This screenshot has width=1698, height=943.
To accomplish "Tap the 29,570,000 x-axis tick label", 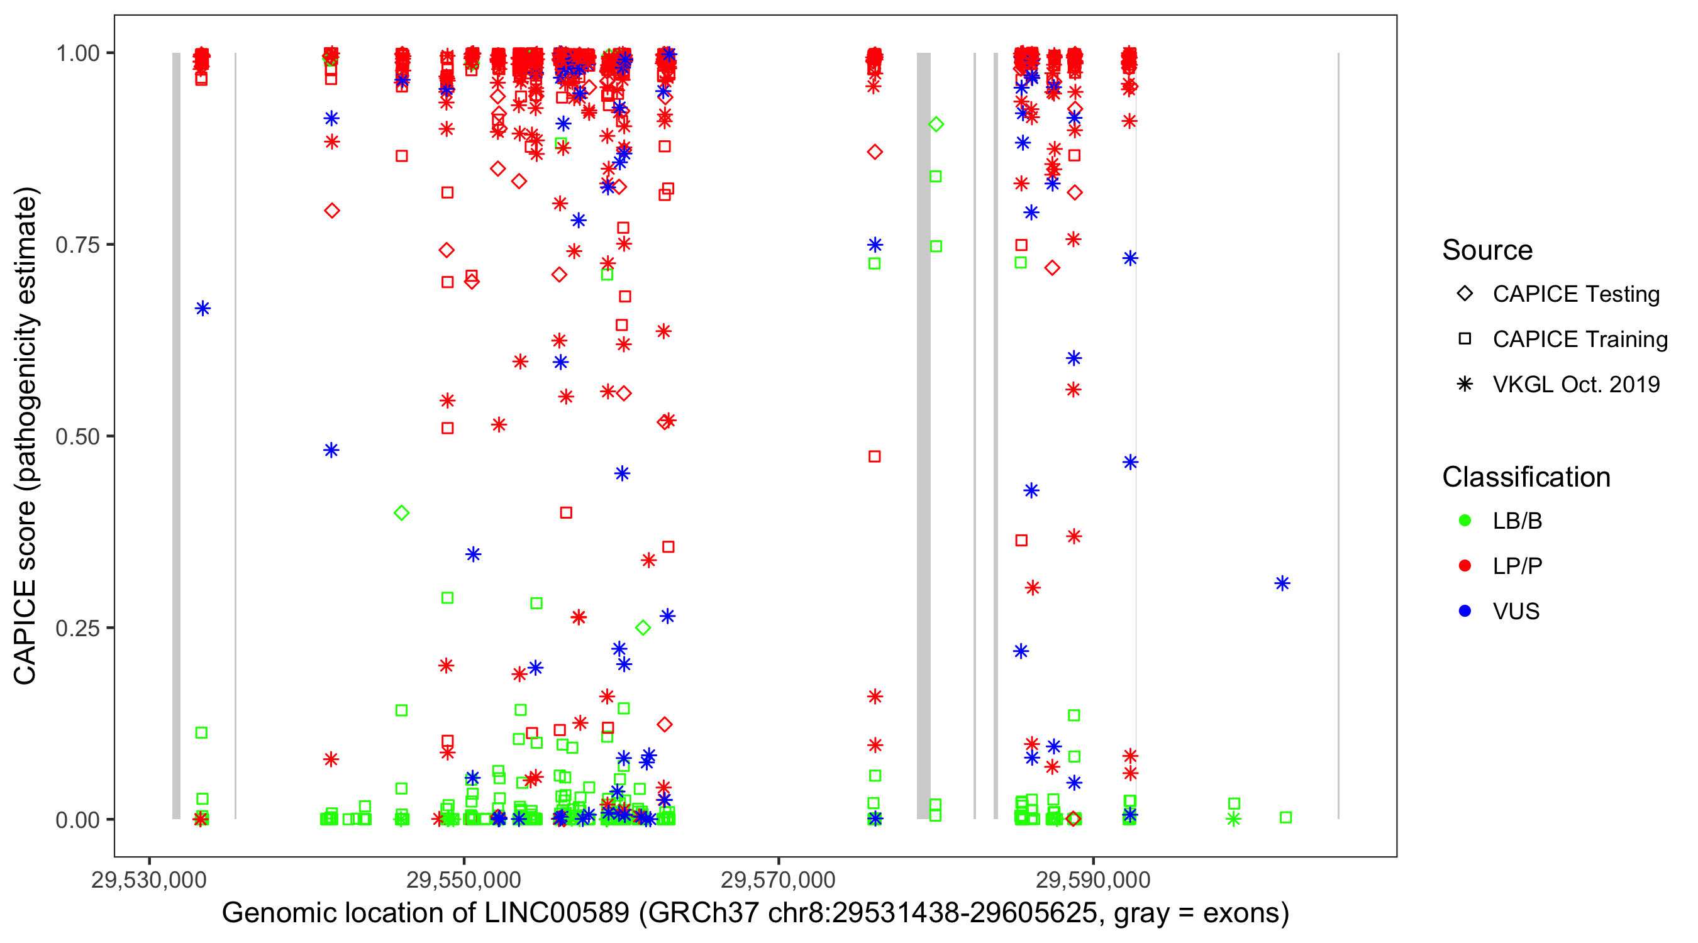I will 778,880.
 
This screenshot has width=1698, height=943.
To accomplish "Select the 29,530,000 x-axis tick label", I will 149,880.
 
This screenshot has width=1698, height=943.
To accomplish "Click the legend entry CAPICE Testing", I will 1575,294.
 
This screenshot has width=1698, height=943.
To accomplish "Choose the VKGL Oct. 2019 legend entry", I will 1575,384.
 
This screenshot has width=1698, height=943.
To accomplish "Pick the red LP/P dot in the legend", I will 1465,566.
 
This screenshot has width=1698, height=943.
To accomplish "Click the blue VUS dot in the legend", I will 1465,611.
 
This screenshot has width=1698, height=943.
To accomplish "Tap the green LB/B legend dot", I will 1465,521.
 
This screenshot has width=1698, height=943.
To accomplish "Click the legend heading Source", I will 1487,250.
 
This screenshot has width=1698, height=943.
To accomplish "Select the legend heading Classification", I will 1525,477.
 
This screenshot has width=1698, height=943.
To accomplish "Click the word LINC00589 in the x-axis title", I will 557,913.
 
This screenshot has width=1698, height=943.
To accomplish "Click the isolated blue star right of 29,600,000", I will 1282,583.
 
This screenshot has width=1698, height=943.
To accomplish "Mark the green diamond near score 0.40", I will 401,513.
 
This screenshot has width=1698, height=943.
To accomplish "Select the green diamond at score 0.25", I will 643,628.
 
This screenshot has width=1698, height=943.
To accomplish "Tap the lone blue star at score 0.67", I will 203,309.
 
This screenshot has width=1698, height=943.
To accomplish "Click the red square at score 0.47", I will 875,456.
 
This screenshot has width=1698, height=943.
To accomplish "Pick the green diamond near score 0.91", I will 936,124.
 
